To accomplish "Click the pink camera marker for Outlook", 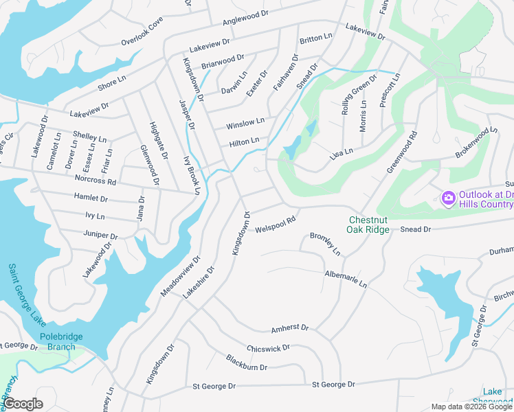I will pos(448,198).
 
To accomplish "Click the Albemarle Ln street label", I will pos(346,279).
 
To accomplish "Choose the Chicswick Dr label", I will pos(268,349).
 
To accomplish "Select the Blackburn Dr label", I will pos(246,363).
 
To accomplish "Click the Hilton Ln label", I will pos(245,142).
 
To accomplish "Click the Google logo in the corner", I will pos(23,403).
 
